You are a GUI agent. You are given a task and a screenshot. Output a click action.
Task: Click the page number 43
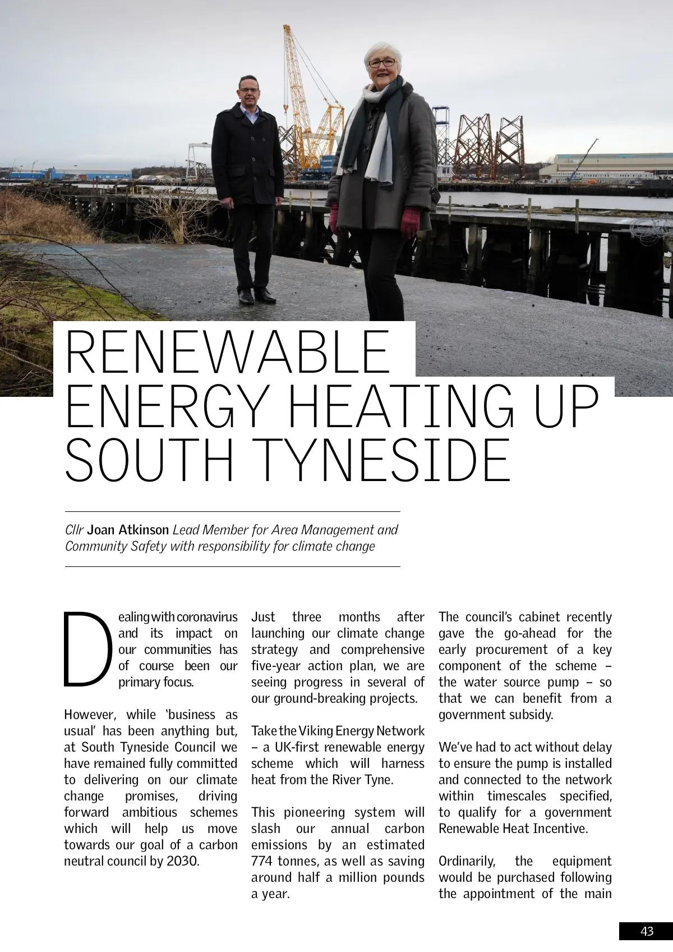tap(647, 931)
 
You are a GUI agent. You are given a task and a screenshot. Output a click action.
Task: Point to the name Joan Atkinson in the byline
tap(128, 530)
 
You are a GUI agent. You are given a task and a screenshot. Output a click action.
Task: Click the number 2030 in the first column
tap(183, 861)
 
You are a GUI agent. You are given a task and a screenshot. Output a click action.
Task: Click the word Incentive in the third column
tap(561, 829)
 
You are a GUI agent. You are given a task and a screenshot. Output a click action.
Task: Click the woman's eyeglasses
tap(382, 63)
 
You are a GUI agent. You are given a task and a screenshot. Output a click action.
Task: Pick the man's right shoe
tap(245, 296)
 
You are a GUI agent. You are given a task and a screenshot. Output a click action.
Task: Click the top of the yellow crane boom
tap(287, 28)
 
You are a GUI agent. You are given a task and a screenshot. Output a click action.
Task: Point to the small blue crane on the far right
tap(583, 158)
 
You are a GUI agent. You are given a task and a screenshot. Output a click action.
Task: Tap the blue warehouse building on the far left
tap(84, 173)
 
